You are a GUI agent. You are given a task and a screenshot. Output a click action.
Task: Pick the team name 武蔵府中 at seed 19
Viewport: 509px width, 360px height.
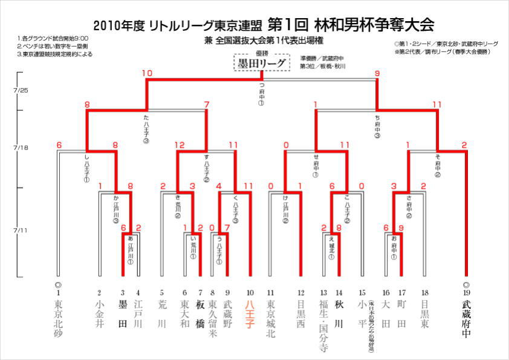(465, 320)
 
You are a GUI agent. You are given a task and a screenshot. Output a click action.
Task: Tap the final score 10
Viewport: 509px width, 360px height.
(147, 73)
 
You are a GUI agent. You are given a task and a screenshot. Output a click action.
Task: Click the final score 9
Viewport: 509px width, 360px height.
(377, 73)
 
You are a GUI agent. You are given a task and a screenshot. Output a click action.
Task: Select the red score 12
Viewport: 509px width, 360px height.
(178, 145)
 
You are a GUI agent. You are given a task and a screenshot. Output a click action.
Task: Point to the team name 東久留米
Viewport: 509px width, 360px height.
(213, 320)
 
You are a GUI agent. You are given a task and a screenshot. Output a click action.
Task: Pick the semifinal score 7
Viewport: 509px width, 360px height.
(206, 104)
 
